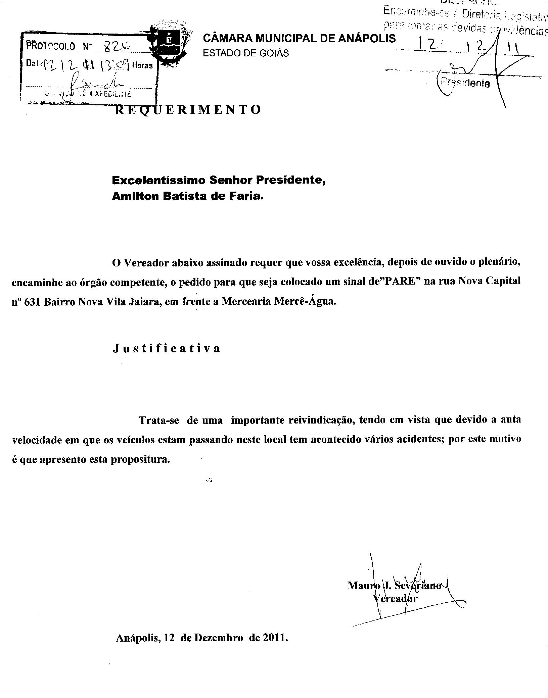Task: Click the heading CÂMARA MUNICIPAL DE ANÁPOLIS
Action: click(x=299, y=39)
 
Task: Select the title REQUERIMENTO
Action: click(x=188, y=110)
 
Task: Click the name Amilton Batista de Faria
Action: click(x=188, y=196)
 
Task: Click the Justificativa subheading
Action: click(x=167, y=348)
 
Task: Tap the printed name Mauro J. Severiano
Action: click(x=394, y=586)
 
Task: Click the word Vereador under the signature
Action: click(x=395, y=598)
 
